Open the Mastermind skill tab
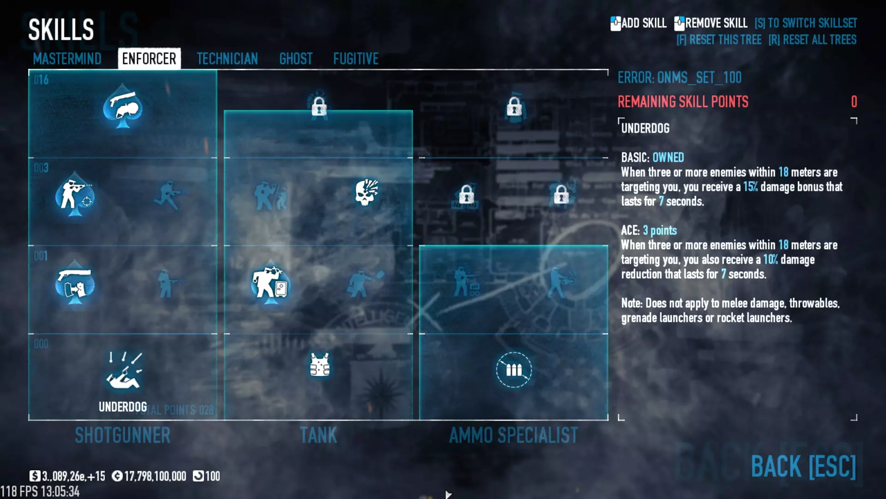(x=67, y=59)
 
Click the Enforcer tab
(x=149, y=59)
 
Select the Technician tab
(x=227, y=59)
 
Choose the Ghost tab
(x=296, y=59)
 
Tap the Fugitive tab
(x=356, y=59)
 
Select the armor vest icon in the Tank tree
(x=319, y=365)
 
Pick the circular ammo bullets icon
(x=514, y=370)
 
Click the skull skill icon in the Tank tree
(x=367, y=192)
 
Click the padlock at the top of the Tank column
(x=319, y=107)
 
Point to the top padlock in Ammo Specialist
(x=514, y=107)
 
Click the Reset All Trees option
(x=812, y=40)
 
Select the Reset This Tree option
(x=718, y=40)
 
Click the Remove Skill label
(x=716, y=23)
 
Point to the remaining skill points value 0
(x=854, y=102)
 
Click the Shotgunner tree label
(x=123, y=435)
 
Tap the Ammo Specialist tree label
(x=513, y=435)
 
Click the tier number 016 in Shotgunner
(x=41, y=80)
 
